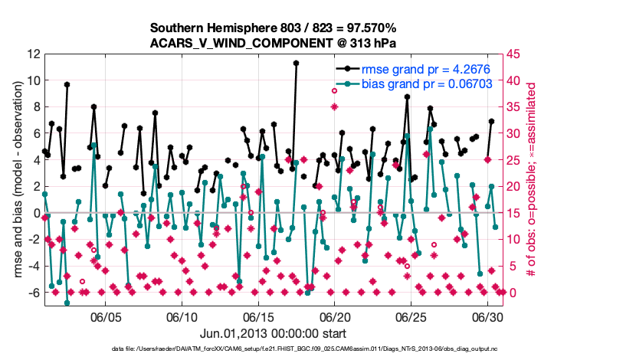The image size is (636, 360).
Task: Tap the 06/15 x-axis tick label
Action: coord(258,316)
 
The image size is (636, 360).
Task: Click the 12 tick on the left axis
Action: coord(33,54)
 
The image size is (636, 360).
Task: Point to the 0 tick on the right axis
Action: coord(513,293)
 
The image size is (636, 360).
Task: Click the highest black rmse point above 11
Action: coord(296,64)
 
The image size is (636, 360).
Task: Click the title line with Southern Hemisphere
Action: coord(274,28)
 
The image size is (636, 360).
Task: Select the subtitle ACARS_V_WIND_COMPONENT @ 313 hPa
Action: coord(274,43)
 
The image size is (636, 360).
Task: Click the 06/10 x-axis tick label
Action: coord(182,316)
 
